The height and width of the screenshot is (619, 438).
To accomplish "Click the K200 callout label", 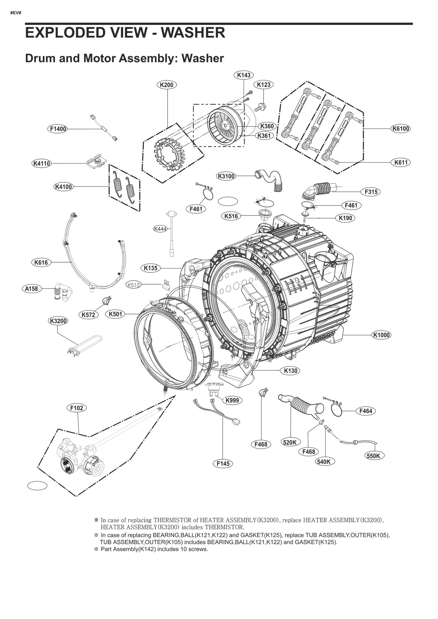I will tap(166, 85).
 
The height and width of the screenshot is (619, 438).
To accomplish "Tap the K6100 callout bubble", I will tap(400, 129).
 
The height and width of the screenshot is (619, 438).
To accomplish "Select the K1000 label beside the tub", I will tap(381, 335).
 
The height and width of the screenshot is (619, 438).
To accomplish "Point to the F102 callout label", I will tap(76, 408).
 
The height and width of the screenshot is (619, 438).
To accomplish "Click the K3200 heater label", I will tap(58, 321).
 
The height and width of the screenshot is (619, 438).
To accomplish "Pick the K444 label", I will tap(160, 229).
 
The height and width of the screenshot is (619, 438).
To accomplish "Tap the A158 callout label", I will tap(31, 289).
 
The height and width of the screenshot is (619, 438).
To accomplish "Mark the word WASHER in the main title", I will tap(193, 33).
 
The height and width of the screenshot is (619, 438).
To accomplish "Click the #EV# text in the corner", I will tap(16, 13).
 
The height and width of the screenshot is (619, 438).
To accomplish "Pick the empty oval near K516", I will tap(228, 201).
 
